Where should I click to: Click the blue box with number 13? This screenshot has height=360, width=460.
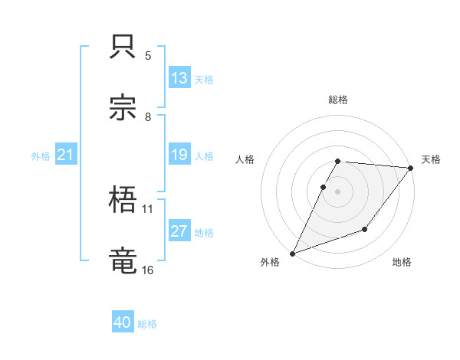[179, 78]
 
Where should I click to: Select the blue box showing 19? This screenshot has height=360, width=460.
[179, 155]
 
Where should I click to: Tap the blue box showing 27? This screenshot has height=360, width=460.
[179, 232]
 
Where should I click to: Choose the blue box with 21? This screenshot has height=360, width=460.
[66, 155]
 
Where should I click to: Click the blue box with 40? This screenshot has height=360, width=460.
[123, 323]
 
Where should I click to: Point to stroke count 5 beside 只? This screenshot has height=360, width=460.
[148, 55]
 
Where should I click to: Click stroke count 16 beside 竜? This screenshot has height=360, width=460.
[148, 270]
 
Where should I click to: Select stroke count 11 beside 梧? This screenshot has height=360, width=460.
[148, 208]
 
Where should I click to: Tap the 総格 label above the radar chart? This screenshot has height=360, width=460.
[338, 100]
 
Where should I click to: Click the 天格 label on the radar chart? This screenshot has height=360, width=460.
[431, 159]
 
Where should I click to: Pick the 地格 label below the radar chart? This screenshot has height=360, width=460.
[402, 263]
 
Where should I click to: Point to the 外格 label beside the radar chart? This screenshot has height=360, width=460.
[270, 263]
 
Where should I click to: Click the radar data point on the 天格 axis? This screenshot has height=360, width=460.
[411, 168]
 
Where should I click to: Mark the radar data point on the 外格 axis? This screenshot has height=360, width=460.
[293, 253]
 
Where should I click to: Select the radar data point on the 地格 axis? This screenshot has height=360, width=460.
[365, 229]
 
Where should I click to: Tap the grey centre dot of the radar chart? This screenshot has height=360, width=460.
[338, 191]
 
